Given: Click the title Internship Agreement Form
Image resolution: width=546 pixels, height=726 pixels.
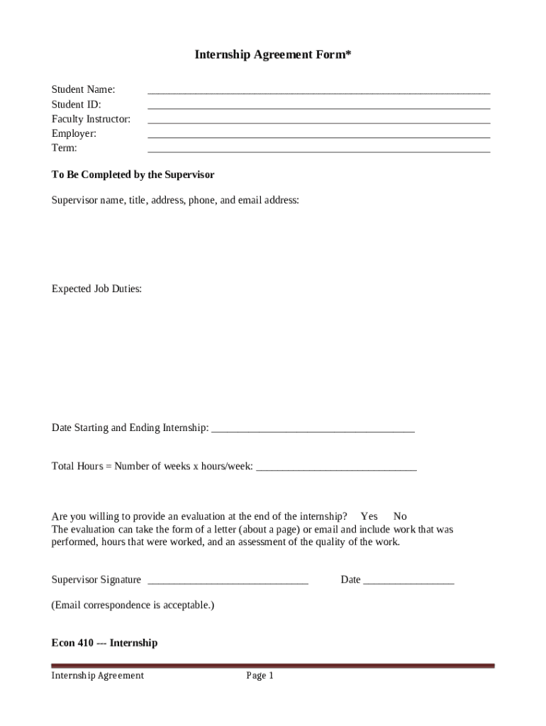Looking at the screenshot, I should point(273,55).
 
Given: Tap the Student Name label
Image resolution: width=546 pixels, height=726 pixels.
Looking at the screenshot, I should point(83,89).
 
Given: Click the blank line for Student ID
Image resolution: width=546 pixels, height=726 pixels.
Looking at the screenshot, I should point(318,106).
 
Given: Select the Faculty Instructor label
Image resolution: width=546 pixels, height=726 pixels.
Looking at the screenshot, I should point(91,119).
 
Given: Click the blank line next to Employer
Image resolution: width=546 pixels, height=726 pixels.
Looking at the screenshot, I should point(318,135).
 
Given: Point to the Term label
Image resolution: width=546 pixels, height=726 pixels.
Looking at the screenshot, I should point(65,148).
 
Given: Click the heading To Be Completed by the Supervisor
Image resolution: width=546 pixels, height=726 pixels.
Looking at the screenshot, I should point(133,174).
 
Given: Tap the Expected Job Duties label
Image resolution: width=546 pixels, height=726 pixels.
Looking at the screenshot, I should point(96,289).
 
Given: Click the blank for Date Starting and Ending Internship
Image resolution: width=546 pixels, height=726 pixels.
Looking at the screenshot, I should point(313,430).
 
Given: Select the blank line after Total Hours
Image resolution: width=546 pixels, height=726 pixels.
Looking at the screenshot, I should point(336,468).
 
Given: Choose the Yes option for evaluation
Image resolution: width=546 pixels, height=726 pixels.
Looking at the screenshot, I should point(369,516).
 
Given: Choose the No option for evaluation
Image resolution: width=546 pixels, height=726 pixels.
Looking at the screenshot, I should point(400,516).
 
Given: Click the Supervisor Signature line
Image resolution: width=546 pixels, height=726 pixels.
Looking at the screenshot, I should point(228,582).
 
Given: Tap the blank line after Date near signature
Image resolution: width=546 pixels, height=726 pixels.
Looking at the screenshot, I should point(408,582).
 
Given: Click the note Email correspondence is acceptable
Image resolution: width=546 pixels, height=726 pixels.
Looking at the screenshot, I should point(133,605).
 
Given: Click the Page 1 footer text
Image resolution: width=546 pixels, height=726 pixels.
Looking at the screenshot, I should point(260,676).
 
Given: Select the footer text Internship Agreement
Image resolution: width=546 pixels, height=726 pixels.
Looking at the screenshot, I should point(97,676).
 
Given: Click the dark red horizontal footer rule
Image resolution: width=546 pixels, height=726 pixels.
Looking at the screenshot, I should point(273,666).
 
